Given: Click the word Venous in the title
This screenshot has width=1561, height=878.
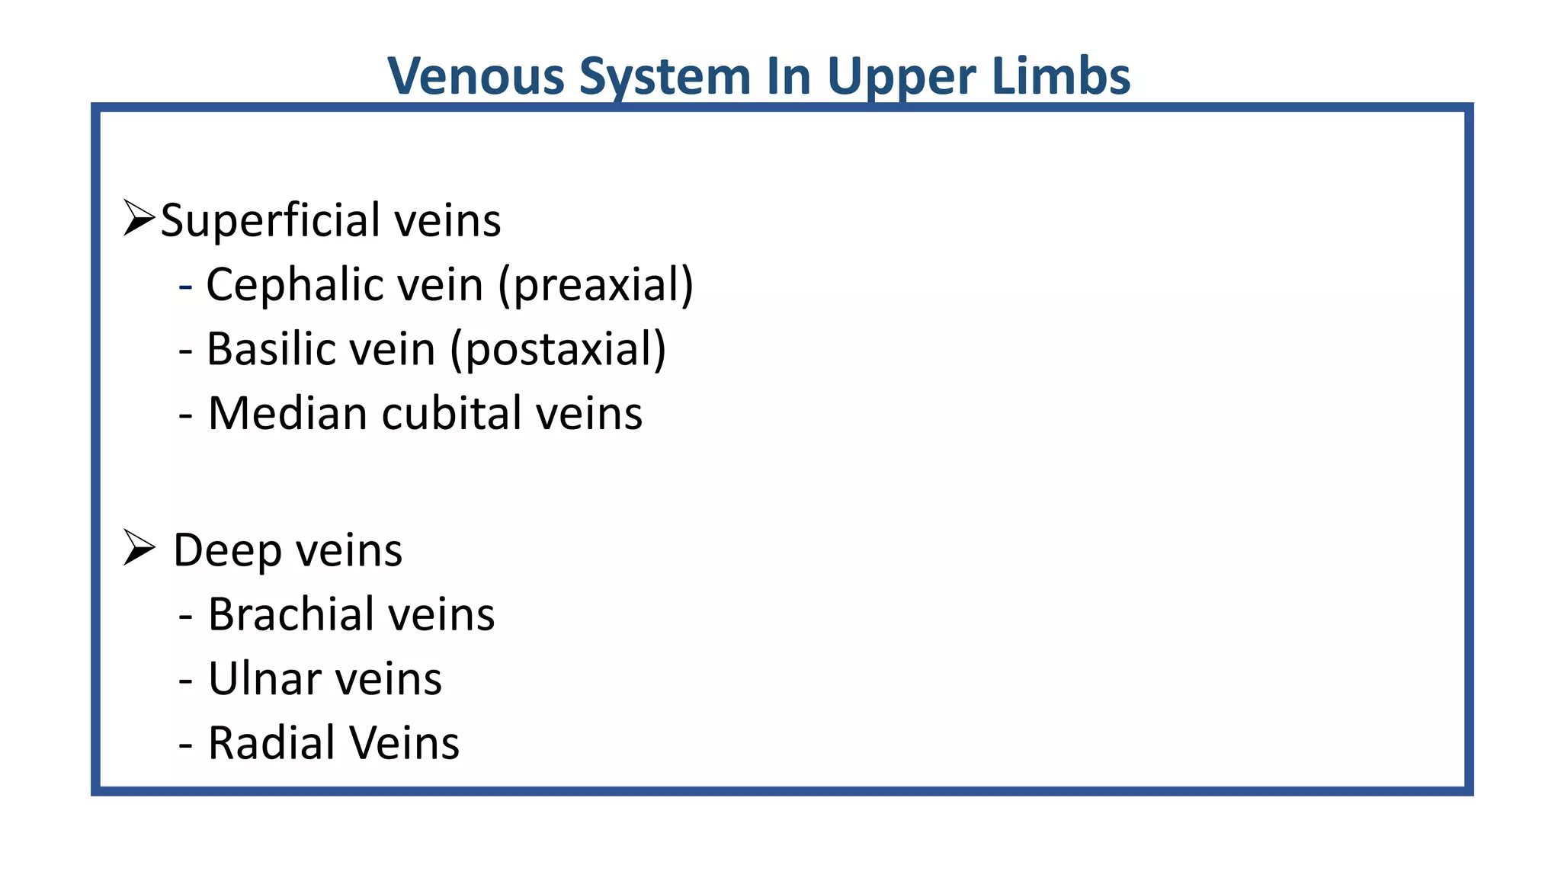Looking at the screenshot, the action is pos(476,76).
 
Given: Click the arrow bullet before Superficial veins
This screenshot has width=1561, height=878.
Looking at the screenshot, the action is pos(139,219).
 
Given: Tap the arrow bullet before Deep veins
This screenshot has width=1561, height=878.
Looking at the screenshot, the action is pos(139,548).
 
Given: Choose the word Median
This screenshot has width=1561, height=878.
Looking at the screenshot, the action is pos(287,414).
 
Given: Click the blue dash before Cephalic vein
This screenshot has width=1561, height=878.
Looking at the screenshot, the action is pos(185,287).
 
